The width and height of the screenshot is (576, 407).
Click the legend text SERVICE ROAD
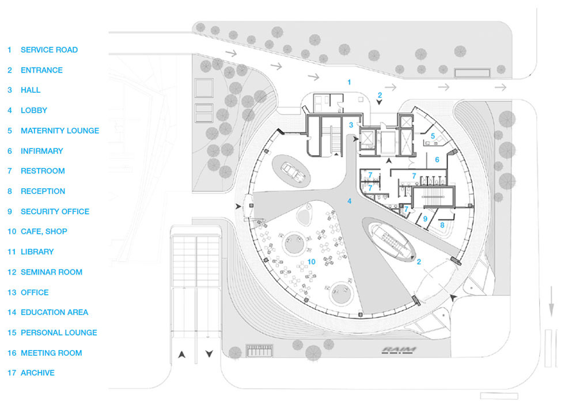(x=49, y=50)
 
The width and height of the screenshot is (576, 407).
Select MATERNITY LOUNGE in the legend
(x=59, y=131)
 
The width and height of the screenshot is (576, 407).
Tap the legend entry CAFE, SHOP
(x=44, y=231)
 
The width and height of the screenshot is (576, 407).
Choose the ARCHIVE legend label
(x=37, y=373)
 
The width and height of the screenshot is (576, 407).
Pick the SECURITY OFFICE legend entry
(x=55, y=211)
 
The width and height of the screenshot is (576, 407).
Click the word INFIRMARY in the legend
(x=41, y=151)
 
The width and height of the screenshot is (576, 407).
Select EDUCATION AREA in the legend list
(x=54, y=313)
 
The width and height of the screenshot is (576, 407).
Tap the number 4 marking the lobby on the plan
(x=349, y=201)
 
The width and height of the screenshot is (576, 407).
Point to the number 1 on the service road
(x=348, y=83)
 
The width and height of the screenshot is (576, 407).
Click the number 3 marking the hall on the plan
(x=350, y=124)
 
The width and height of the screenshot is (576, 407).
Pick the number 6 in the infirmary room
(x=437, y=159)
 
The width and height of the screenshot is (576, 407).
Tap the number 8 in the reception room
(x=442, y=226)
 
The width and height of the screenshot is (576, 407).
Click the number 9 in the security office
(x=425, y=219)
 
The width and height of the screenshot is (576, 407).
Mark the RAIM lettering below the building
(x=399, y=350)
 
